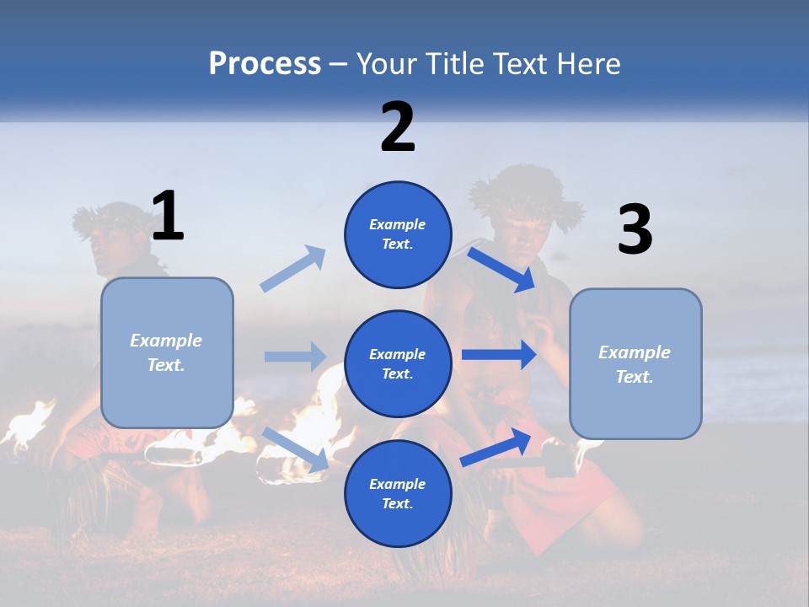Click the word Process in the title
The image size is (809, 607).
click(x=265, y=63)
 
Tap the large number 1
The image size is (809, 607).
click(x=168, y=216)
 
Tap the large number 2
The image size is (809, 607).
click(x=398, y=126)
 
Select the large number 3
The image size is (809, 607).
click(x=635, y=230)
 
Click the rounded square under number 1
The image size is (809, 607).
click(x=167, y=352)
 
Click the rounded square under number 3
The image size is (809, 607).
click(x=635, y=363)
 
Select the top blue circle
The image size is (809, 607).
click(x=398, y=234)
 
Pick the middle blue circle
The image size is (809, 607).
click(x=398, y=363)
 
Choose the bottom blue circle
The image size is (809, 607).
click(x=398, y=493)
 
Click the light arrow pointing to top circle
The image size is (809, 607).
click(x=293, y=269)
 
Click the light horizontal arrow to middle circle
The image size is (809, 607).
click(x=295, y=357)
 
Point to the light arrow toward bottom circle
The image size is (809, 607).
click(x=295, y=449)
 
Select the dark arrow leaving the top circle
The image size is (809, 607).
click(x=501, y=269)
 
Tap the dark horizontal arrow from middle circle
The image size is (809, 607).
click(x=498, y=355)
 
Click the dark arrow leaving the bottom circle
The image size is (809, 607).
click(x=496, y=447)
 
